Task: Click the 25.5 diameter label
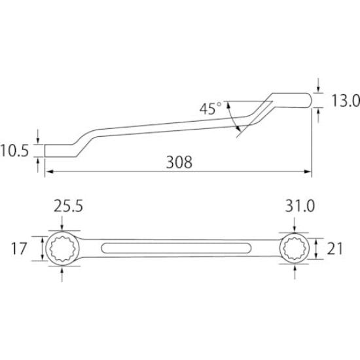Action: (67, 207)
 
